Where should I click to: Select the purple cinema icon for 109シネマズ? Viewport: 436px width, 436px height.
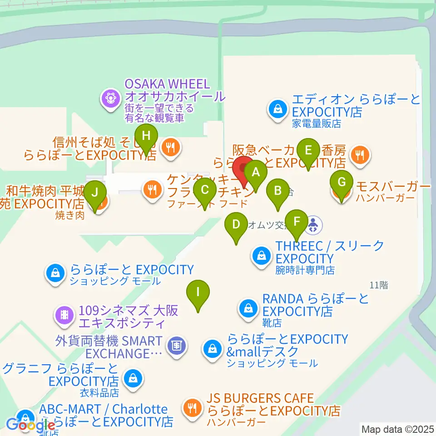click(64, 314)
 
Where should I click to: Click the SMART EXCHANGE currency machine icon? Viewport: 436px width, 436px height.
click(176, 346)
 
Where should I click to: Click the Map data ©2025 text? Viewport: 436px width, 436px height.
click(397, 428)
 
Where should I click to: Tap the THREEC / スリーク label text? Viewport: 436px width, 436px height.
click(330, 246)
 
